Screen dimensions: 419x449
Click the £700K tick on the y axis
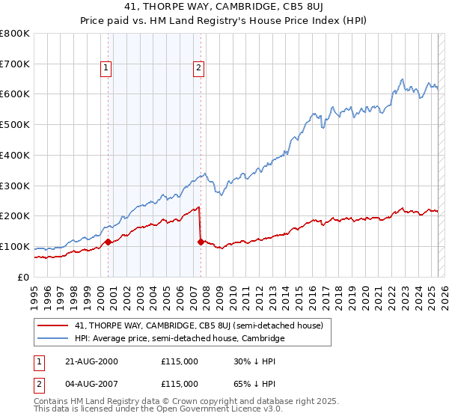[x=15, y=64]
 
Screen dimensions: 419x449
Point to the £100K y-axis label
[x=15, y=247]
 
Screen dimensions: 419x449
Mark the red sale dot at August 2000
[x=108, y=242]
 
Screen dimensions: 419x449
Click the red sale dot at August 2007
[x=201, y=242]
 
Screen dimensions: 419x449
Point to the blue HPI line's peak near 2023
[x=403, y=79]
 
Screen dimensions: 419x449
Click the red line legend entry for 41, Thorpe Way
[x=198, y=325]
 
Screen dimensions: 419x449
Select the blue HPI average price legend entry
[x=180, y=338]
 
